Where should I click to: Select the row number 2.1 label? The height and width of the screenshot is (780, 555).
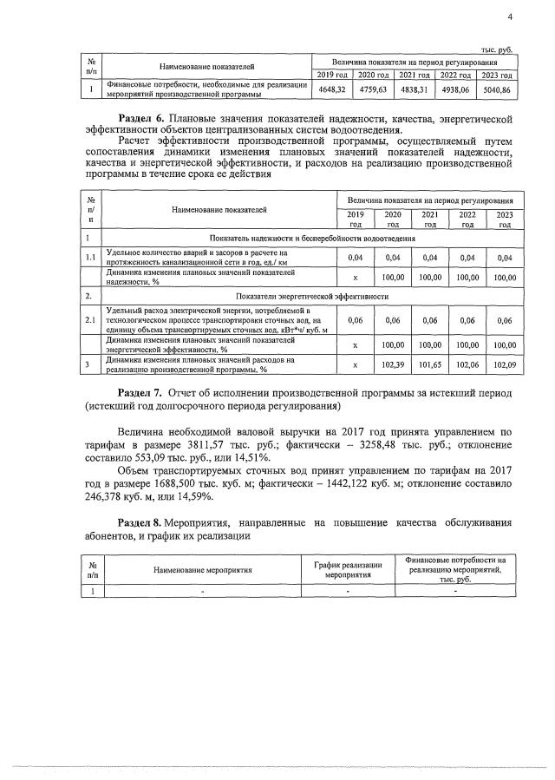pyautogui.click(x=89, y=321)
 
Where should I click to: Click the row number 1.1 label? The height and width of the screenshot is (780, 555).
pyautogui.click(x=89, y=257)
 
